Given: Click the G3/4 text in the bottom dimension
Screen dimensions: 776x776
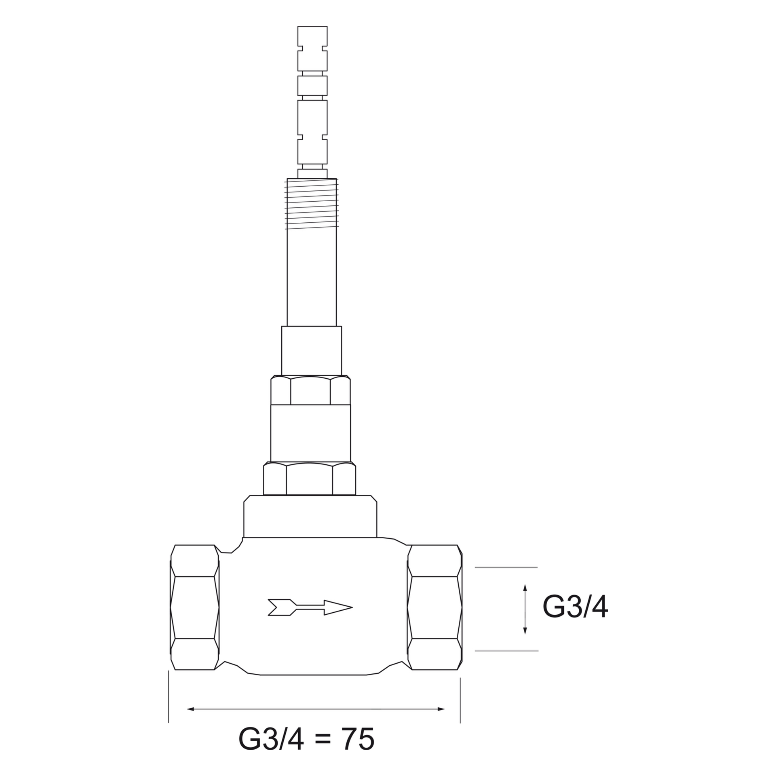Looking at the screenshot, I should pyautogui.click(x=271, y=739).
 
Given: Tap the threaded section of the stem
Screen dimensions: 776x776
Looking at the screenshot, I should pyautogui.click(x=312, y=204).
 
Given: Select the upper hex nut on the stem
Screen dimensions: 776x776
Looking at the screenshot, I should pyautogui.click(x=310, y=390).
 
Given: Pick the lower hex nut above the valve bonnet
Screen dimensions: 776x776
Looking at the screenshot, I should pyautogui.click(x=310, y=479).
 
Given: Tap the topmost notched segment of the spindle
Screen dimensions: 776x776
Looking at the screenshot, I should pyautogui.click(x=312, y=48).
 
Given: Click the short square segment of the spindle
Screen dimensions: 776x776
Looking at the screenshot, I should pyautogui.click(x=312, y=86).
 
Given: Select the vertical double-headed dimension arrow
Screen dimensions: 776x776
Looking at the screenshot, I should pyautogui.click(x=525, y=609).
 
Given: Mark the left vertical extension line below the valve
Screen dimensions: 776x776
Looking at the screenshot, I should pyautogui.click(x=169, y=696).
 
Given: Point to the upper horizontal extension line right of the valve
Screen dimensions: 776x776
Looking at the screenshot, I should pyautogui.click(x=506, y=567).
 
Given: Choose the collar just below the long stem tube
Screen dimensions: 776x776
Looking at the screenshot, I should pyautogui.click(x=312, y=350).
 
